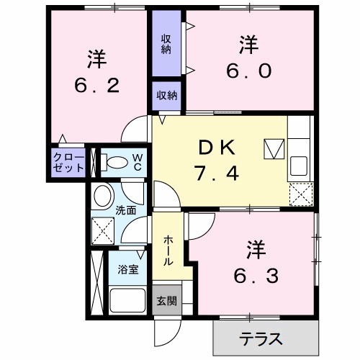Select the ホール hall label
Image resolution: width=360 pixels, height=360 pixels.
pos(168,250)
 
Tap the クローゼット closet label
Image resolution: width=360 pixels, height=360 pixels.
pos(68,162)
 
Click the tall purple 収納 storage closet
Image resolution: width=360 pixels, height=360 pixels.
pos(166,44)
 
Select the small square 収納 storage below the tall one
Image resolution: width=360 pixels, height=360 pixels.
pos(166,96)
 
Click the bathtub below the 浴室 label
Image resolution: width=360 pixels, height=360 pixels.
pos(127,300)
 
